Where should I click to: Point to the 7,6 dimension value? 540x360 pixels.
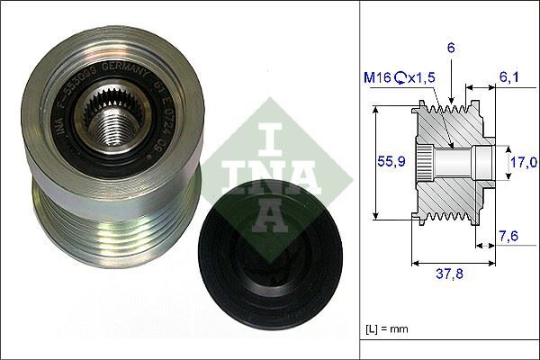[510, 237]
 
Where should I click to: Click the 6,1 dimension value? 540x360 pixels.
[510, 78]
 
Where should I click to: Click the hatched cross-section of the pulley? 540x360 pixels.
[450, 193]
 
